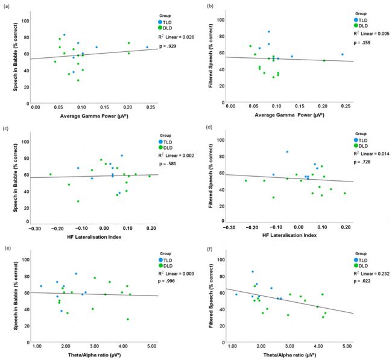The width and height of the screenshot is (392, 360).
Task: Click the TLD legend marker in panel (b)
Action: tap(356, 20)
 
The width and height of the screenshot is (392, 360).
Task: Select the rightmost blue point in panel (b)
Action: tap(342, 54)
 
